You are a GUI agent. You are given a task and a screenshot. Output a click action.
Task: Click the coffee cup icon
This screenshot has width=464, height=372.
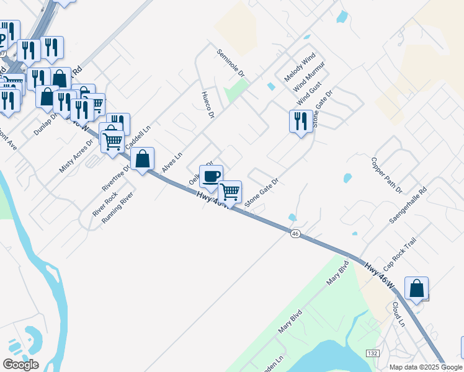[211, 175]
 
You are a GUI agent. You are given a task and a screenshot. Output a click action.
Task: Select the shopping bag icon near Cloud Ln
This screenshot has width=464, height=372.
[416, 288]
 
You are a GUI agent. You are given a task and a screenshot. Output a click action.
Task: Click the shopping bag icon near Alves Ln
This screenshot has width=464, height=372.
[143, 159]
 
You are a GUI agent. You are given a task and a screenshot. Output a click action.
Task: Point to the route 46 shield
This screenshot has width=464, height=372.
[295, 233]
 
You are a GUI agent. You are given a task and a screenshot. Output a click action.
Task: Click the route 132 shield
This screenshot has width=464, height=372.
[372, 353]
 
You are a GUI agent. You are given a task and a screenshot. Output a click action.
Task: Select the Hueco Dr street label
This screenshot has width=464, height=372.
[208, 105]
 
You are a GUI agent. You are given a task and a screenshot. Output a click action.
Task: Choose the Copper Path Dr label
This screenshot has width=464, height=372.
[386, 175]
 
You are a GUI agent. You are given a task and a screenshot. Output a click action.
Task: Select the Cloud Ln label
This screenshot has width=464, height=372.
[398, 314]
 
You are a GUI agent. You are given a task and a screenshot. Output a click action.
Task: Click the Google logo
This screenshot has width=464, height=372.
[20, 365]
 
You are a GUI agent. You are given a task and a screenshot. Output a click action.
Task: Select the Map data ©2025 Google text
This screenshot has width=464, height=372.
[425, 367]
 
